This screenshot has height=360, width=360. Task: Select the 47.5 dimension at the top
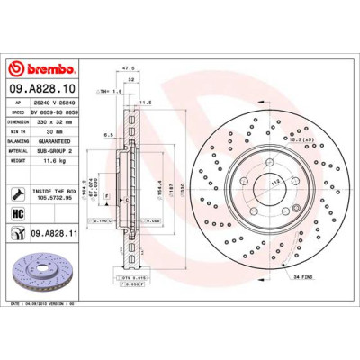point(129,67)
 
